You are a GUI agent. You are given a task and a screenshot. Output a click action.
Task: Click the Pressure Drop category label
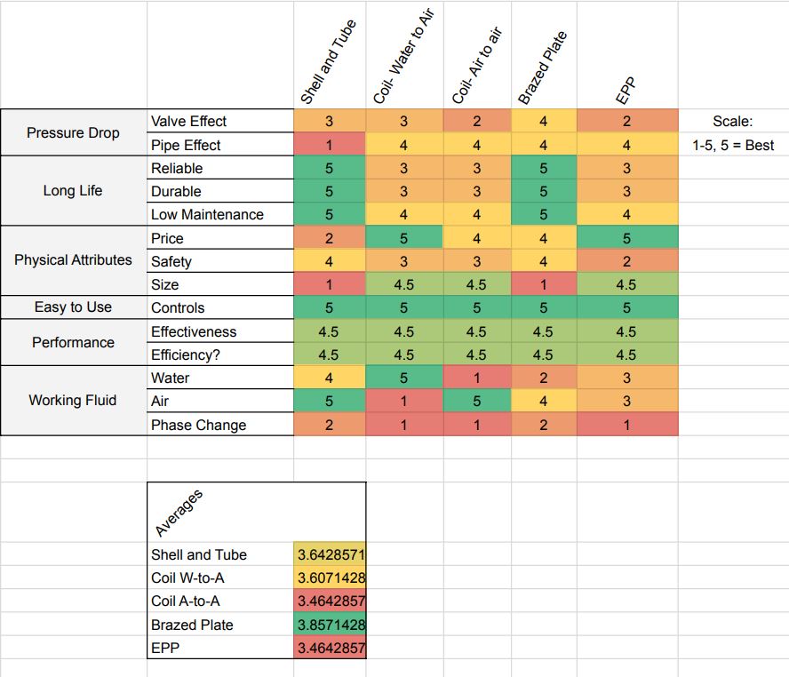[73, 133]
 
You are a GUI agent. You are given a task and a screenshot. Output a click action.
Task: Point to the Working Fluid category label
[73, 401]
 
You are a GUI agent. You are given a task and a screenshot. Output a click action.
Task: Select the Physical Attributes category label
[73, 260]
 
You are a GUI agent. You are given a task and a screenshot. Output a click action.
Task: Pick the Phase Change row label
[198, 425]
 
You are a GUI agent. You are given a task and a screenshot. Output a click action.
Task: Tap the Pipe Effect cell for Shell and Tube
[329, 145]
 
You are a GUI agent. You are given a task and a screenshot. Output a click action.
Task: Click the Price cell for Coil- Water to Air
[403, 238]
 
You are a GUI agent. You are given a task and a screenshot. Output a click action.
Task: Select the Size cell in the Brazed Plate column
[543, 284]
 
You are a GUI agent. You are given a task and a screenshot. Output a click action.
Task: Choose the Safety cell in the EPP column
[626, 261]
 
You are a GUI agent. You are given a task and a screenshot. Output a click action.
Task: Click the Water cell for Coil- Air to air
[476, 378]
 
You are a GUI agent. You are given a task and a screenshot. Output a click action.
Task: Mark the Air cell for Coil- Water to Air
[403, 401]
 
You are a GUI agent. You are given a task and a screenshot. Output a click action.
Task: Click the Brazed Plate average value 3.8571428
[330, 625]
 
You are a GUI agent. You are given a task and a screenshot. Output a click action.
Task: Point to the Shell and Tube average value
[330, 554]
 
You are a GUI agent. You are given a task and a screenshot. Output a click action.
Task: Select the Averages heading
[179, 514]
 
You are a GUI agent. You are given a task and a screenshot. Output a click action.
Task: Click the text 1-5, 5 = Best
[733, 145]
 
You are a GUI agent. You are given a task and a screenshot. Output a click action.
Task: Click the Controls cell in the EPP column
[626, 307]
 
